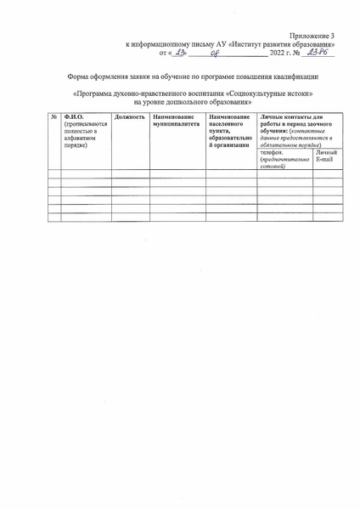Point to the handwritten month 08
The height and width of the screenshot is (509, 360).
[214, 54]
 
